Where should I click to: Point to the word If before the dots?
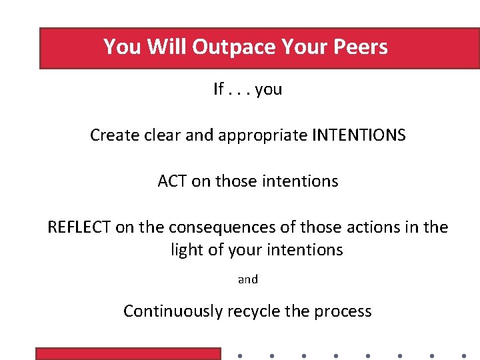[x=219, y=89]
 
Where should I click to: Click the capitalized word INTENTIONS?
[x=358, y=135]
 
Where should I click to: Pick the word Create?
[x=111, y=135]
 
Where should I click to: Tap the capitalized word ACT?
[x=172, y=181]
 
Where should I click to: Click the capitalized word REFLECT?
[x=79, y=227]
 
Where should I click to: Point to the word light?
[x=187, y=250]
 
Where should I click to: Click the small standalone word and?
[x=248, y=279]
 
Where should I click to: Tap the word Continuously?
[x=173, y=311]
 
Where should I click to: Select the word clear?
[x=159, y=135]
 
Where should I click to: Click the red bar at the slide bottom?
[x=127, y=354]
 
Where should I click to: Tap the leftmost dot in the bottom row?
[x=239, y=355]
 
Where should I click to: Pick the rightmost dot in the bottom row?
[x=463, y=355]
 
